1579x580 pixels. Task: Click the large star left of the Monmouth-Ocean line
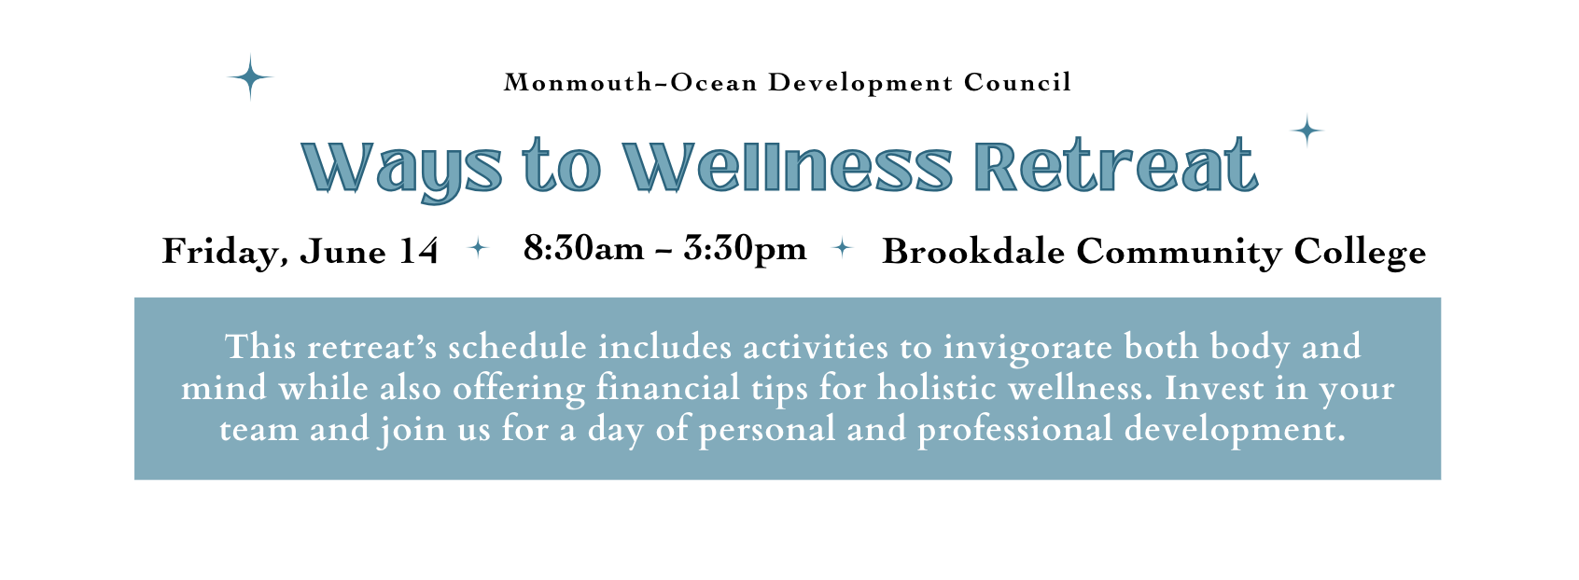point(250,76)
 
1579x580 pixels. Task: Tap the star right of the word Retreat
point(1307,131)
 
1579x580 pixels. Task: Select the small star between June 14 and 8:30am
point(478,247)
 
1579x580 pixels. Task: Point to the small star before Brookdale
point(842,247)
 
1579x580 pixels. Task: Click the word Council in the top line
point(1017,82)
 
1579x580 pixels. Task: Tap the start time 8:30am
point(583,248)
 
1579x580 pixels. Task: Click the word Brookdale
point(973,251)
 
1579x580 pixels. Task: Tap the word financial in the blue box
point(667,388)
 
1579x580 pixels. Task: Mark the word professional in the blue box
point(1015,430)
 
